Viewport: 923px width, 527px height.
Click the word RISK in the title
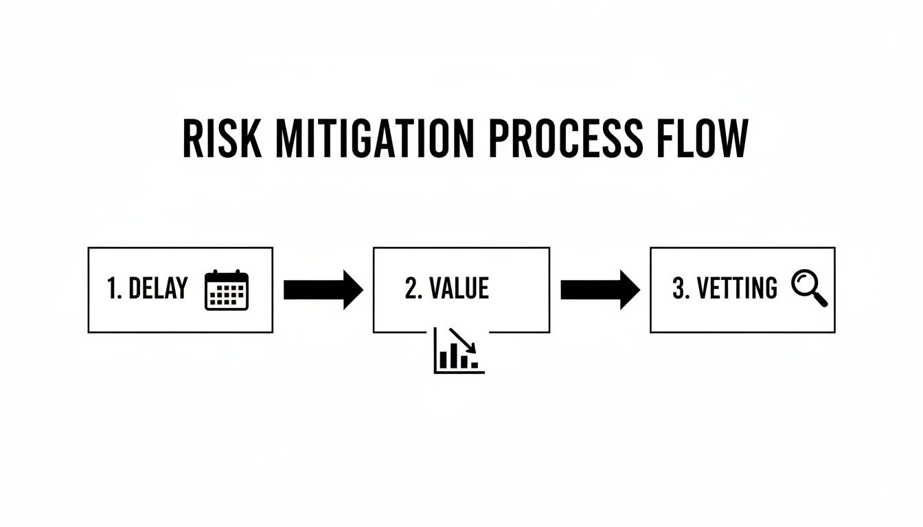click(222, 139)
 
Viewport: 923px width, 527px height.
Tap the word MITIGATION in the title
click(374, 139)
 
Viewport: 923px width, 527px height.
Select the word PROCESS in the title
click(565, 139)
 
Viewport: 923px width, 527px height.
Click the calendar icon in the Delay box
click(227, 290)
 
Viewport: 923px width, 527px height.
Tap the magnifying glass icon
click(810, 288)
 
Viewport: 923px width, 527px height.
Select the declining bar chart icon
click(459, 351)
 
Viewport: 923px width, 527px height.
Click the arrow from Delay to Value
click(323, 290)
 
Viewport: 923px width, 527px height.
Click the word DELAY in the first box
click(157, 289)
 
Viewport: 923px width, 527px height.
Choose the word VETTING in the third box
click(737, 289)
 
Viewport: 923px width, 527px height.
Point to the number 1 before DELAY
click(113, 289)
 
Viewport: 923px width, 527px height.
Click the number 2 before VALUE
click(411, 289)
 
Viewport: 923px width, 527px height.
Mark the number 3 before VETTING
click(680, 289)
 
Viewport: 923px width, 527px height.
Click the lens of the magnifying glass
click(804, 282)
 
